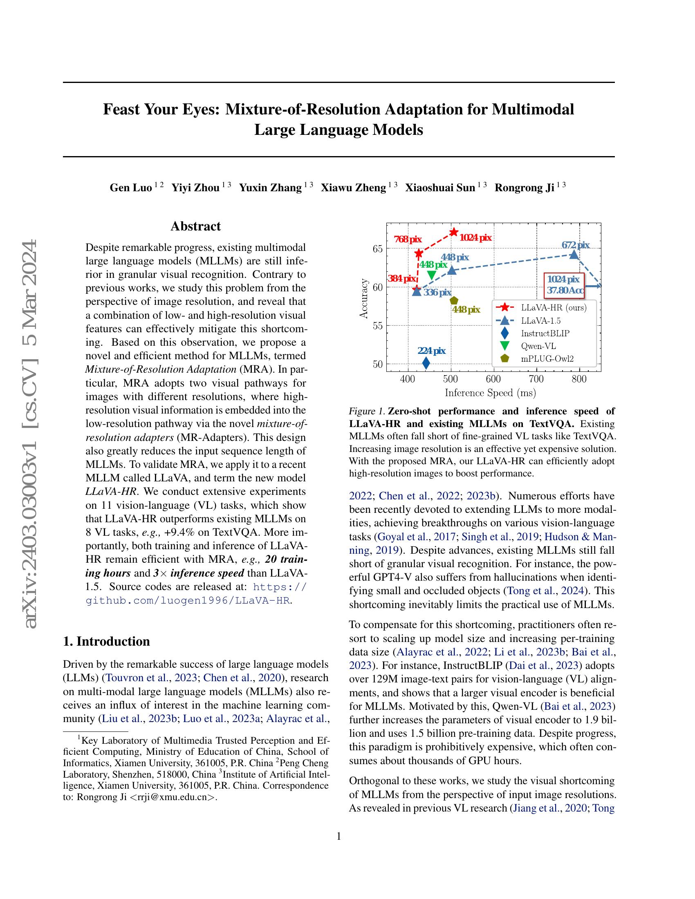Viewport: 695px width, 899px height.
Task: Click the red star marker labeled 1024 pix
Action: point(454,232)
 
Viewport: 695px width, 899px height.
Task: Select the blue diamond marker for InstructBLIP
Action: point(426,362)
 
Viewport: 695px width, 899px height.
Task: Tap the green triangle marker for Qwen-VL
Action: point(432,275)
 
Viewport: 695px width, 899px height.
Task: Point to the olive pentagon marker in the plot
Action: point(454,301)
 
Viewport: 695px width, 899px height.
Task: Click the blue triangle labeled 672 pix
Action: point(574,255)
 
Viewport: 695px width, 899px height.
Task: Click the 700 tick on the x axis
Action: point(536,379)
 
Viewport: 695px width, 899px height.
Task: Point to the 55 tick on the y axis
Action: point(377,326)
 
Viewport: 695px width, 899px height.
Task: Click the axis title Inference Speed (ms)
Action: point(490,393)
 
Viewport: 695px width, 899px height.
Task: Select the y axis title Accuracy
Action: point(363,298)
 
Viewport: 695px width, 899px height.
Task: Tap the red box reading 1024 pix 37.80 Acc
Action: point(564,285)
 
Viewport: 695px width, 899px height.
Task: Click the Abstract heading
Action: point(195,226)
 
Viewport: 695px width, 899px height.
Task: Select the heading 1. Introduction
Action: point(106,641)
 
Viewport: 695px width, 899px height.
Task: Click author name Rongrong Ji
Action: point(524,188)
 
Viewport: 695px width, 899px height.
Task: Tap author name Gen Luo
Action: point(130,188)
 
